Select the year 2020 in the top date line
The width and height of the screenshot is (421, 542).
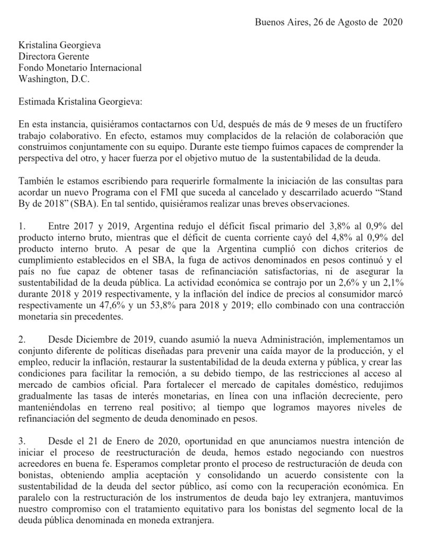pyautogui.click(x=392, y=22)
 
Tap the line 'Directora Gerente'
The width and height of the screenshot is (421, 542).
pyautogui.click(x=54, y=56)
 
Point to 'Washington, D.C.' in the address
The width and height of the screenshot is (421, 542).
pyautogui.click(x=54, y=79)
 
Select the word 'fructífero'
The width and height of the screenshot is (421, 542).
pyautogui.click(x=379, y=126)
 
